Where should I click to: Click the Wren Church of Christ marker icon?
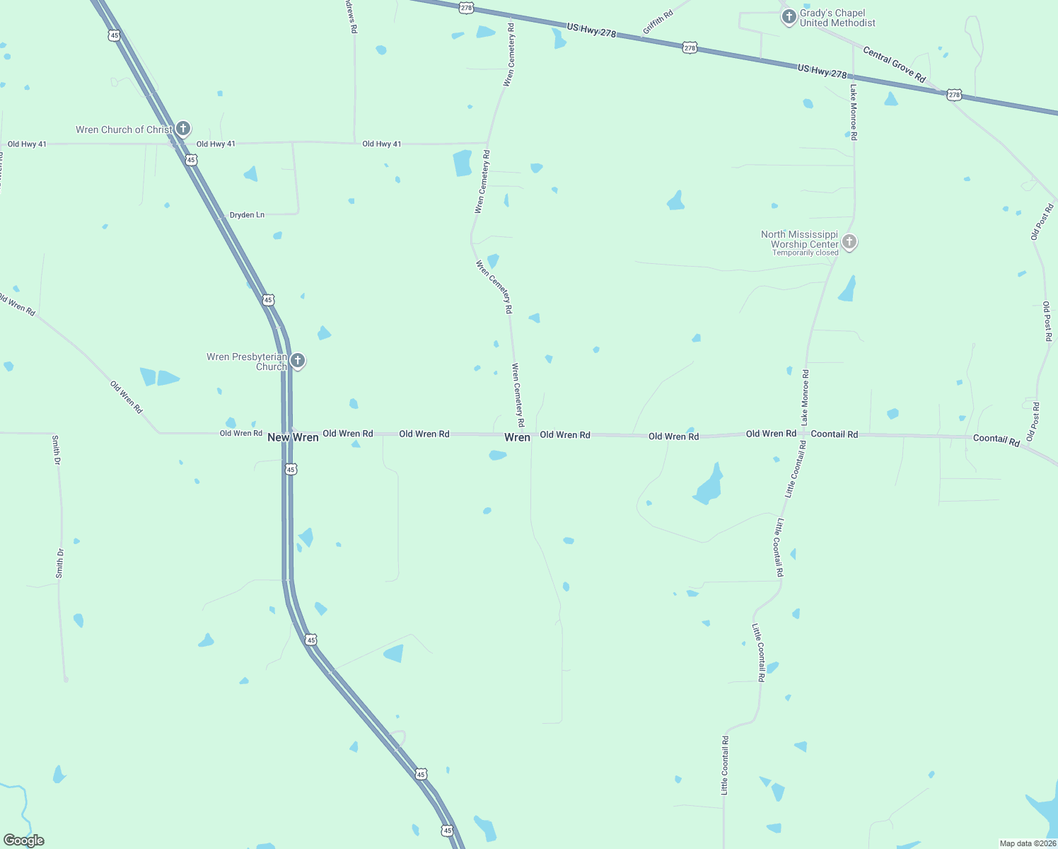[x=183, y=128]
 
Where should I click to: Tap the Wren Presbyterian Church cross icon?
[x=298, y=360]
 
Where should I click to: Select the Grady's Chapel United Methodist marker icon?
[x=789, y=16]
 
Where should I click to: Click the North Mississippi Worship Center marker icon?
[x=849, y=242]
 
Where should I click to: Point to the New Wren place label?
[x=293, y=437]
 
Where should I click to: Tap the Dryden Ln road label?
[x=247, y=214]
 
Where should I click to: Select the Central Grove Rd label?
[x=894, y=64]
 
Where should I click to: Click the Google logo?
[x=24, y=841]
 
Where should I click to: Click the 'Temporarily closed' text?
[x=805, y=253]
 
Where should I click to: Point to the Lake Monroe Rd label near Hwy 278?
[x=854, y=112]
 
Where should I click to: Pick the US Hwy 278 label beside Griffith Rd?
[x=591, y=30]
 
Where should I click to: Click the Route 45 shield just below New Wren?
[x=291, y=469]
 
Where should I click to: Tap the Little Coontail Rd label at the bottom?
[x=725, y=765]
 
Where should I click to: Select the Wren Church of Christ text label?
[x=124, y=129]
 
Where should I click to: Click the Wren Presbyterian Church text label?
[x=247, y=362]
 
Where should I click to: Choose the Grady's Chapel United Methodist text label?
[x=837, y=18]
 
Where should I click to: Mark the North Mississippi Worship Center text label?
[x=800, y=239]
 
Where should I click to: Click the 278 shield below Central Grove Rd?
[x=954, y=94]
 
